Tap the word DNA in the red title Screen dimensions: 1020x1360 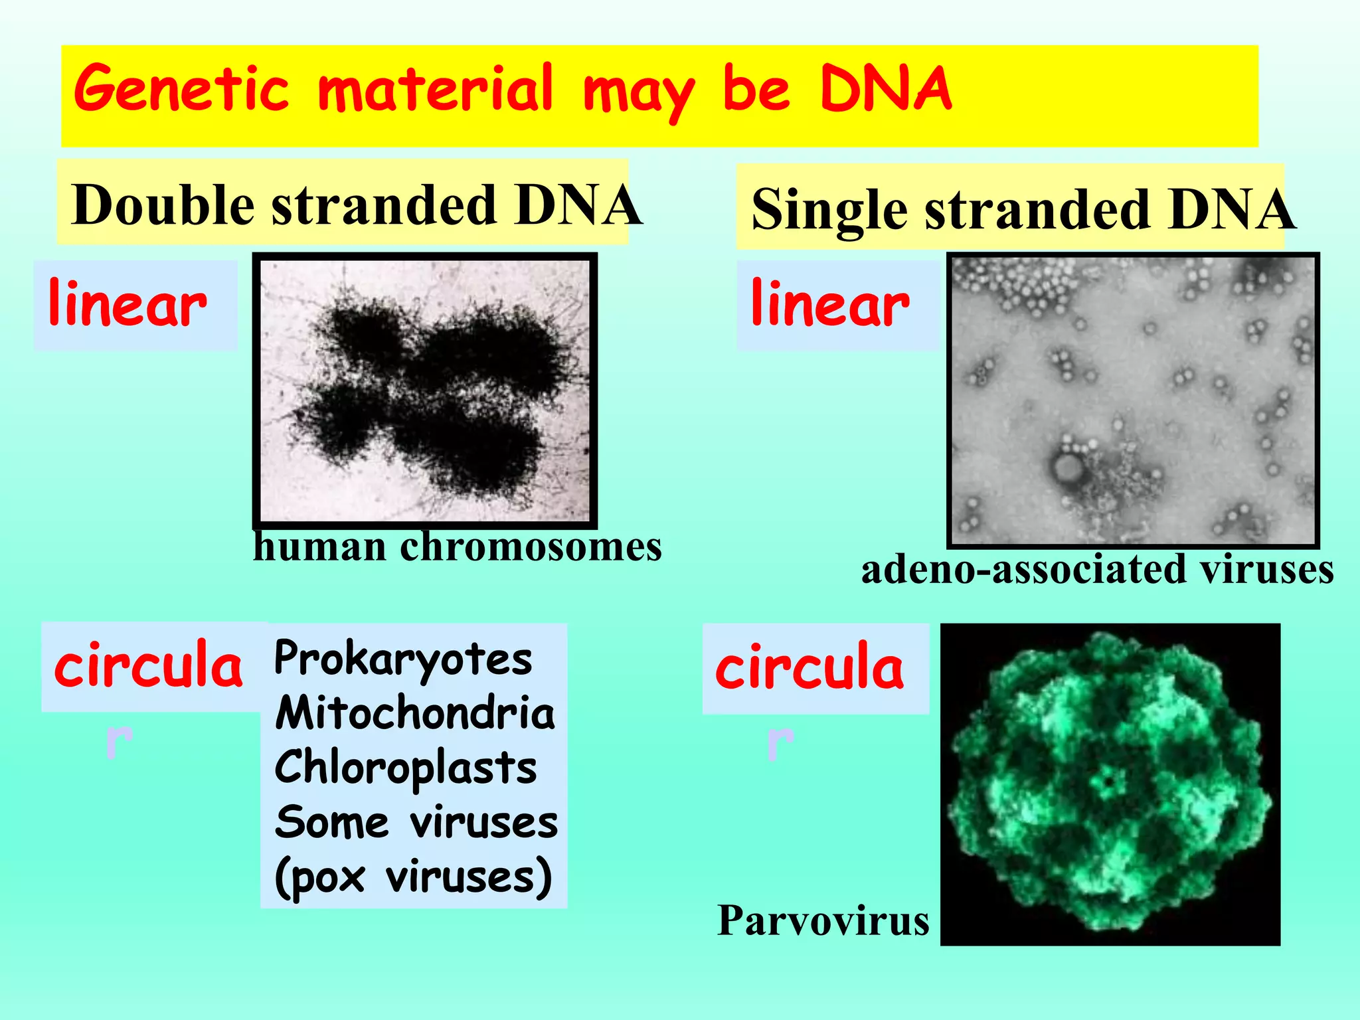(886, 90)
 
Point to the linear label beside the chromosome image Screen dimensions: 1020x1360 (127, 305)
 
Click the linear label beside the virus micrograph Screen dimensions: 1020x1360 (830, 305)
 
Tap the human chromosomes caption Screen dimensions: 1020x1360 (458, 548)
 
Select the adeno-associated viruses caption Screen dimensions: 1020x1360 (1097, 570)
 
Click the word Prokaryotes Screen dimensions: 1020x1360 (403, 659)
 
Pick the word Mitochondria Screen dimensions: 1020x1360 (415, 713)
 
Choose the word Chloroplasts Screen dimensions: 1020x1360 (406, 768)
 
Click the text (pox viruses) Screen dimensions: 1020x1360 (413, 878)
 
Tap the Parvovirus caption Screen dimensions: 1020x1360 (823, 921)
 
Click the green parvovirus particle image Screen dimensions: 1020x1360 (1110, 784)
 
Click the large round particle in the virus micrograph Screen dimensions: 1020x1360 (1068, 469)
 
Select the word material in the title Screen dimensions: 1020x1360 (436, 90)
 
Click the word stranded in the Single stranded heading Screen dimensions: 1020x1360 (1036, 210)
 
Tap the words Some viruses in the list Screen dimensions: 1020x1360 (416, 823)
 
